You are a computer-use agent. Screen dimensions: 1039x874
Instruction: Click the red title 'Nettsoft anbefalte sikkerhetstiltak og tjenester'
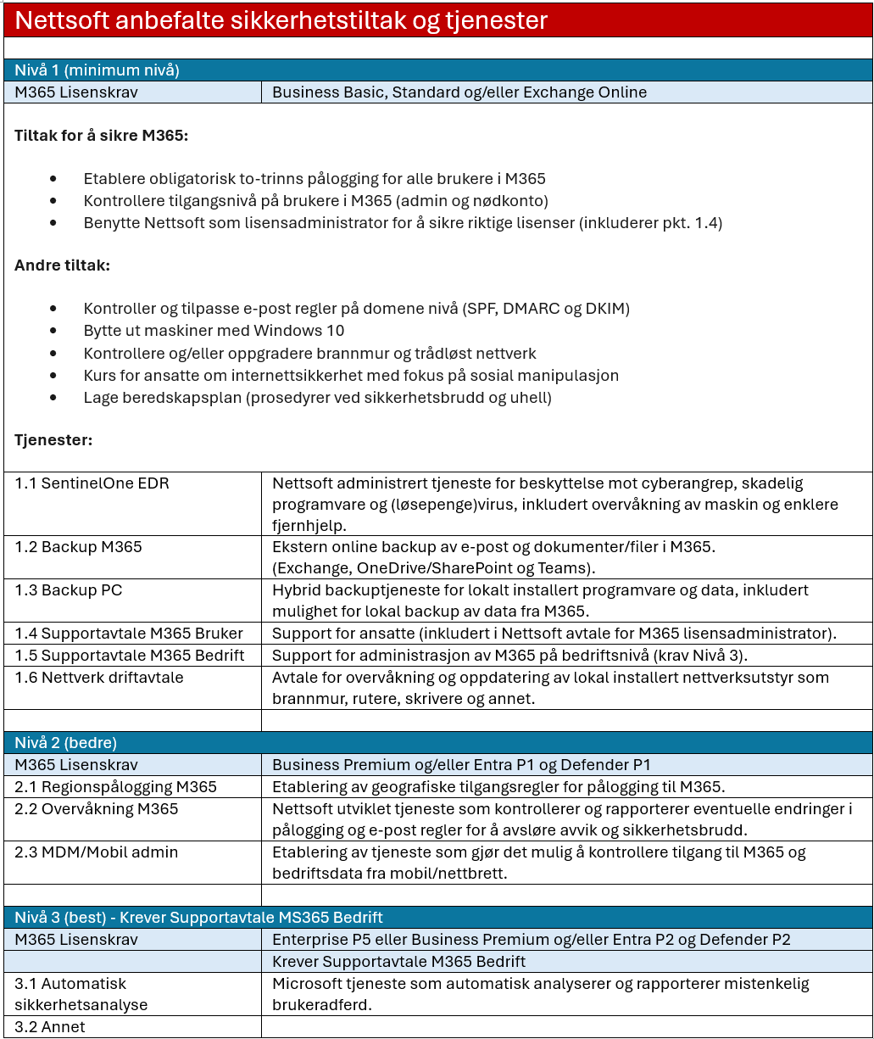[281, 20]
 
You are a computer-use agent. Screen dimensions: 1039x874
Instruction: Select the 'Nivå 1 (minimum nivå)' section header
[97, 70]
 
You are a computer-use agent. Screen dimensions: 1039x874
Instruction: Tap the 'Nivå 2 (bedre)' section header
[65, 743]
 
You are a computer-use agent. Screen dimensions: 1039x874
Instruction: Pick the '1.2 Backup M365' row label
[78, 547]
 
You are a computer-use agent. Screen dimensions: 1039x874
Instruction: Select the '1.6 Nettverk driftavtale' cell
[98, 678]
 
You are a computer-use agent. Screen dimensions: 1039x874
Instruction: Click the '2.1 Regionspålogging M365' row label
[115, 787]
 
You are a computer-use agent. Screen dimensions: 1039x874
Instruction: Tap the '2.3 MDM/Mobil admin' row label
[96, 852]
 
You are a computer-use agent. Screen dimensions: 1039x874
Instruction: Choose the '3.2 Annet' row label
[50, 1027]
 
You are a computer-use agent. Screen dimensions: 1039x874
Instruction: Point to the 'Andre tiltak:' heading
[62, 265]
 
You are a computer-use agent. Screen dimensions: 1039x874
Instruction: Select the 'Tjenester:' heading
[53, 440]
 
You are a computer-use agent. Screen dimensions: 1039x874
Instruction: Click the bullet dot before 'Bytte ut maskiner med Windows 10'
[54, 331]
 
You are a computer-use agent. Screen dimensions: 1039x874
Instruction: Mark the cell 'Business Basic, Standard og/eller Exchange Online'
[459, 92]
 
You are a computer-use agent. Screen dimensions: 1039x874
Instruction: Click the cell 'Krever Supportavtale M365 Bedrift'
[398, 962]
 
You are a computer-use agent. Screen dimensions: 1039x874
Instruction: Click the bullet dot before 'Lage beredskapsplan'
[54, 398]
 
